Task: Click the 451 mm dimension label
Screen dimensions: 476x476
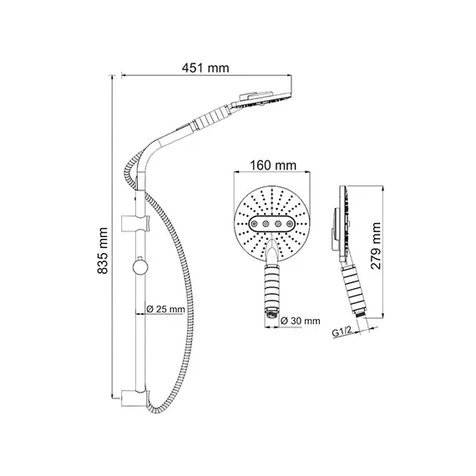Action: click(x=205, y=68)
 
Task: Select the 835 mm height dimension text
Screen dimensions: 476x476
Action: click(x=103, y=251)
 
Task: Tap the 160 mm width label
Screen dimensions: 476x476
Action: click(x=273, y=165)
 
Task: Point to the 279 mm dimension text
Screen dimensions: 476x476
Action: click(x=376, y=246)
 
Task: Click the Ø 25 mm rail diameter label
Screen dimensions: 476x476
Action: click(x=165, y=309)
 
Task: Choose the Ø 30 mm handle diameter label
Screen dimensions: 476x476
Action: click(x=301, y=321)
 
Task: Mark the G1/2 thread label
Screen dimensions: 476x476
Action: click(x=342, y=332)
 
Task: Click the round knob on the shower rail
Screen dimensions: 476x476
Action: click(x=140, y=267)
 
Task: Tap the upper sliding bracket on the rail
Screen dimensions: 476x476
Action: click(x=135, y=224)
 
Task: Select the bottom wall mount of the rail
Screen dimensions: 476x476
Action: click(x=135, y=398)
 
